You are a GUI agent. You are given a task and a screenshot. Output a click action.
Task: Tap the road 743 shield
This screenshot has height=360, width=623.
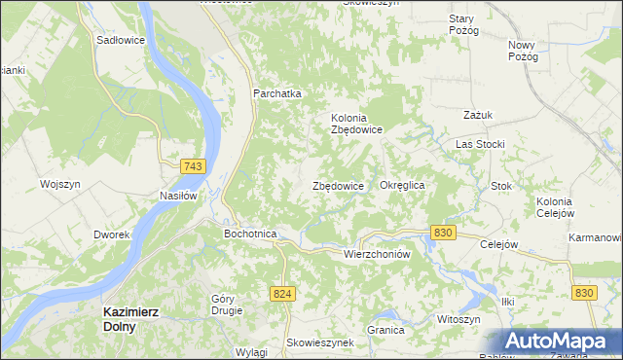tap(193, 167)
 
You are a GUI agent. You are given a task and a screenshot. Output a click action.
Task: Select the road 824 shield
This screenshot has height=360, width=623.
tap(282, 293)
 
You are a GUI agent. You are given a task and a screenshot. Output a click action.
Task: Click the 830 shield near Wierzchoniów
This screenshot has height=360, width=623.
tap(443, 233)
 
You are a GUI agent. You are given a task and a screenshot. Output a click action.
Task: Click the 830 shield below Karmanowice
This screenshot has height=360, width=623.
tap(584, 293)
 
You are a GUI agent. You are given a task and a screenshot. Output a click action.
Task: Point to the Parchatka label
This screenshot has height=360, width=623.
tap(277, 93)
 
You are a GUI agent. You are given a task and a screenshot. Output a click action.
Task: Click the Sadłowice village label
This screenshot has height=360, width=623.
tap(121, 41)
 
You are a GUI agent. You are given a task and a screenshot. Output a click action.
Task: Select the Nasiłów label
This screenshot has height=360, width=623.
tap(178, 196)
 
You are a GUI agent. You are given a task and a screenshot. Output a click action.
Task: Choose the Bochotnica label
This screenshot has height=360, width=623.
tap(251, 234)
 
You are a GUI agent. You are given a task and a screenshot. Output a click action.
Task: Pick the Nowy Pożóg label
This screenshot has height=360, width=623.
tap(523, 51)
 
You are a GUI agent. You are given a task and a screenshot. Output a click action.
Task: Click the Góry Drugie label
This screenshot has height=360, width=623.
tap(227, 305)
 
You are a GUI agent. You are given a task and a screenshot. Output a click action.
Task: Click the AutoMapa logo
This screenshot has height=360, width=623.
tap(561, 342)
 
